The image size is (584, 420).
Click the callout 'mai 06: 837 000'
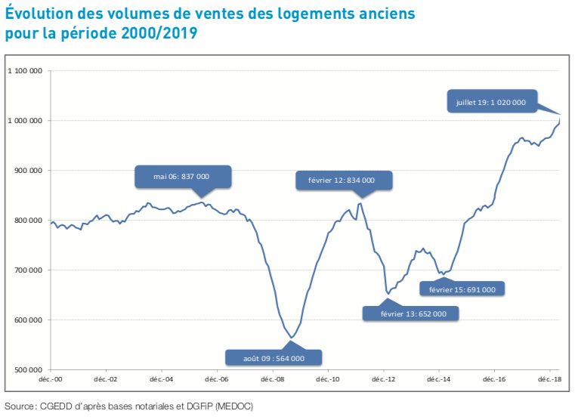(x=183, y=176)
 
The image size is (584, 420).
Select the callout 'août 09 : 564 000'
(x=274, y=358)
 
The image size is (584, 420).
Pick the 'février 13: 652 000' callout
(x=412, y=313)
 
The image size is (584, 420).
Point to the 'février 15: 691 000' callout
(x=462, y=289)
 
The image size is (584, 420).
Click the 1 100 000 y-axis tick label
(x=24, y=71)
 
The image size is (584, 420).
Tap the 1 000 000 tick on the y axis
(x=24, y=121)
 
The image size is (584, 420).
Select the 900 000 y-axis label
(x=29, y=171)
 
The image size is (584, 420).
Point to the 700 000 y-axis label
(x=29, y=270)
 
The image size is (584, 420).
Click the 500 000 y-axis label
(x=29, y=370)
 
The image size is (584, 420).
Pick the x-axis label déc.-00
(x=51, y=380)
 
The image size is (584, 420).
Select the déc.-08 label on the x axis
(x=273, y=380)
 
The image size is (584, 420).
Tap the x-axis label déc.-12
(x=385, y=380)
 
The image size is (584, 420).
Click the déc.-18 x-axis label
(x=550, y=380)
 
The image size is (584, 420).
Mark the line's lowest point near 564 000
(x=292, y=338)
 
